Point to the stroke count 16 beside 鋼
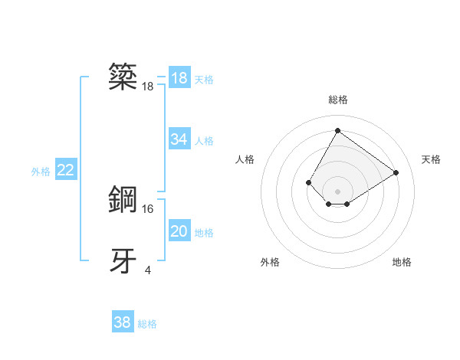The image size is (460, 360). (148, 208)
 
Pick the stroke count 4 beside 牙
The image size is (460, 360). (148, 270)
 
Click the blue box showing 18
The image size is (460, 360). (179, 78)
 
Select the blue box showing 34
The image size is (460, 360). (179, 139)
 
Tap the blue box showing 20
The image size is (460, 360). (179, 231)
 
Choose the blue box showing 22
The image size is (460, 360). (66, 170)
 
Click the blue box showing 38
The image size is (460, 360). (123, 322)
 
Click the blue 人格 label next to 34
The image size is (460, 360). (204, 141)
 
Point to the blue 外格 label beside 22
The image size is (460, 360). (41, 172)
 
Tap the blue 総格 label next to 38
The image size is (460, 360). (147, 324)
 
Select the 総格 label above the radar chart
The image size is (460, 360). (337, 100)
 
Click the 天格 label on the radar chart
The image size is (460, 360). (431, 159)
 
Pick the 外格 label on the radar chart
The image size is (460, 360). (270, 262)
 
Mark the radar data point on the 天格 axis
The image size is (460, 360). (396, 172)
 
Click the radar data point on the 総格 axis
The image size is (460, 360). (337, 130)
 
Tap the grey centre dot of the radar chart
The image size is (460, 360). (337, 191)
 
